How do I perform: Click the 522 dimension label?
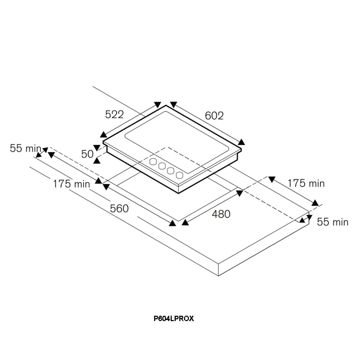click(114, 114)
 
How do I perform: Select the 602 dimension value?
click(214, 116)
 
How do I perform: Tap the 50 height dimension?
click(87, 154)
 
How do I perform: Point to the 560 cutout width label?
click(120, 208)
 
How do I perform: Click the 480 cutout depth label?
click(221, 214)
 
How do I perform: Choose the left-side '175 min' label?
click(71, 184)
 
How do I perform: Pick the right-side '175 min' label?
click(306, 183)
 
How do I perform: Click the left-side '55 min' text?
click(26, 148)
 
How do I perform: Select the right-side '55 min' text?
click(332, 222)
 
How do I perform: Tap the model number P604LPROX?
click(174, 319)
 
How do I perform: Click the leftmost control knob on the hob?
click(154, 162)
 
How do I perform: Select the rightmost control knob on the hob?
click(179, 175)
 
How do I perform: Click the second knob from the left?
click(162, 166)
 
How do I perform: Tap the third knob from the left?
click(171, 171)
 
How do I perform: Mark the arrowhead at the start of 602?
click(174, 104)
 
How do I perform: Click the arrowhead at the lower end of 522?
click(103, 134)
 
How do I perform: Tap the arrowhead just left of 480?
click(185, 223)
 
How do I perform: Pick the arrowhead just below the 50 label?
click(97, 161)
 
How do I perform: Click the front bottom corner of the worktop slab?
click(219, 276)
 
